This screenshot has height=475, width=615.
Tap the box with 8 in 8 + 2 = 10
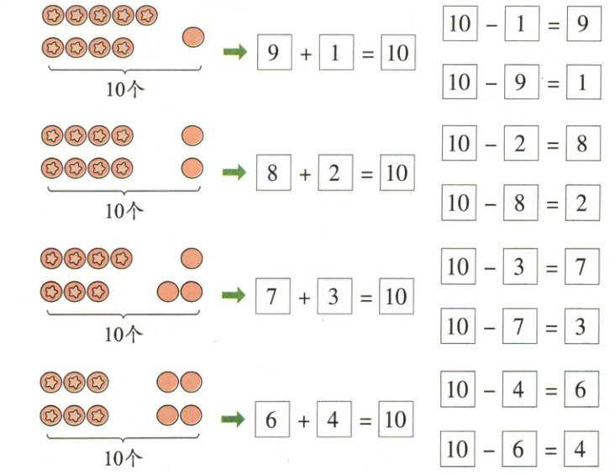272,174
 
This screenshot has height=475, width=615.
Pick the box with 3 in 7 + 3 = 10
334,297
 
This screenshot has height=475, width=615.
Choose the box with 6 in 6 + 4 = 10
271,420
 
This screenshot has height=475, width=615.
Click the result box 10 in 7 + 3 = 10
397,297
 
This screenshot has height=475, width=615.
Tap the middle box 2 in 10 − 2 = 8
520,144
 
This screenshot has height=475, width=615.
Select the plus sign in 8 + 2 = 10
304,175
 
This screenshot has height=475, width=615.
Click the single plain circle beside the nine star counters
192,38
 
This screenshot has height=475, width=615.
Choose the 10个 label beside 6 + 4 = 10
124,458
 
